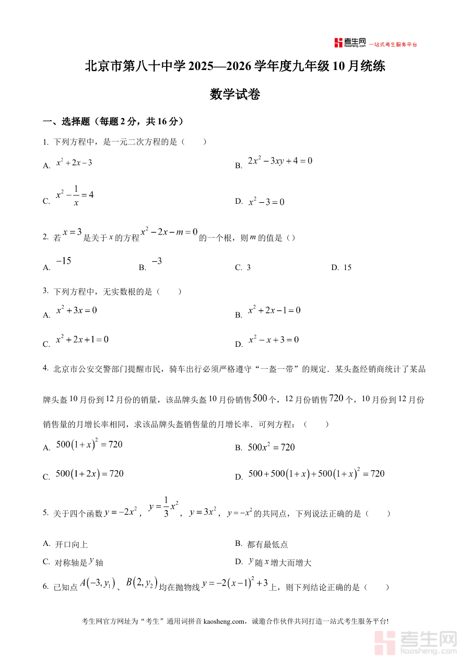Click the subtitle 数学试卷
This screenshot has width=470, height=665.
(x=234, y=95)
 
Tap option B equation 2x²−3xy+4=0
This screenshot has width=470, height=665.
(x=279, y=161)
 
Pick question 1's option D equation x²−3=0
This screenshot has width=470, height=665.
(x=266, y=202)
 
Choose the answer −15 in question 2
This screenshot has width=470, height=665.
(x=63, y=261)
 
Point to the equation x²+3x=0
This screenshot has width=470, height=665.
(x=76, y=310)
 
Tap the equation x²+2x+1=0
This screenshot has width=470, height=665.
(x=82, y=340)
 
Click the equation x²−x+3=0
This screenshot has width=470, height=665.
(x=273, y=340)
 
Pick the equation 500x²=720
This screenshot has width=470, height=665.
(x=271, y=447)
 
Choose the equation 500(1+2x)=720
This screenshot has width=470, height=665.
(x=89, y=474)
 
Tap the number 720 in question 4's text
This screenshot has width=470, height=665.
(x=337, y=399)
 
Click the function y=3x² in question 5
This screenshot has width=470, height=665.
(x=203, y=512)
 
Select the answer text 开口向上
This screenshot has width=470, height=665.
(x=71, y=544)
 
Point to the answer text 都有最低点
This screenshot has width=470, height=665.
(x=267, y=544)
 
